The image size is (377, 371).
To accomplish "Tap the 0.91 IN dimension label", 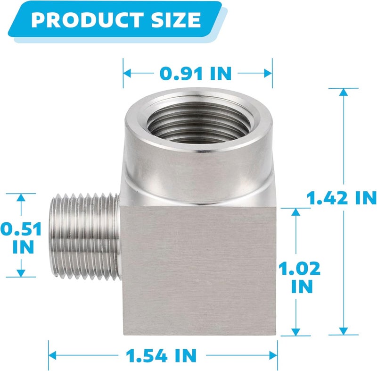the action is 196,74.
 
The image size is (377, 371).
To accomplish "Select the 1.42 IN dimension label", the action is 341,198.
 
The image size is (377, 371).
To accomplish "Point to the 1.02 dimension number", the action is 299,269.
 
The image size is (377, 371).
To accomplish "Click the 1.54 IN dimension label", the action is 161,355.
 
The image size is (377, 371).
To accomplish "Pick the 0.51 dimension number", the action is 21,229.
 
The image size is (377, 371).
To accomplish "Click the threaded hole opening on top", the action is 198,122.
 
